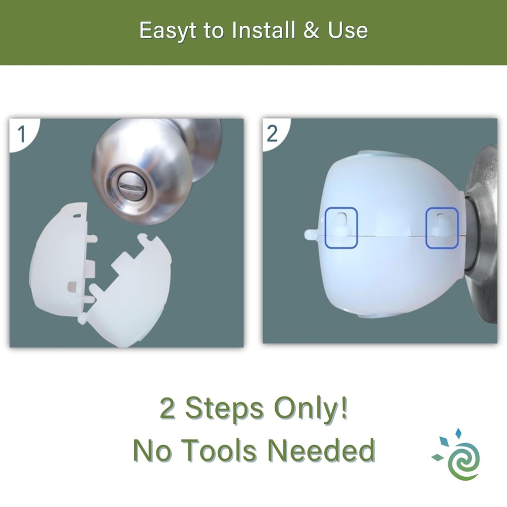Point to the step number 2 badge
(273, 134)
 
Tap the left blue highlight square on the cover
(341, 227)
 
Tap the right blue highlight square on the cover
(443, 227)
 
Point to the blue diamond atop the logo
(458, 434)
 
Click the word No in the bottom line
(151, 451)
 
